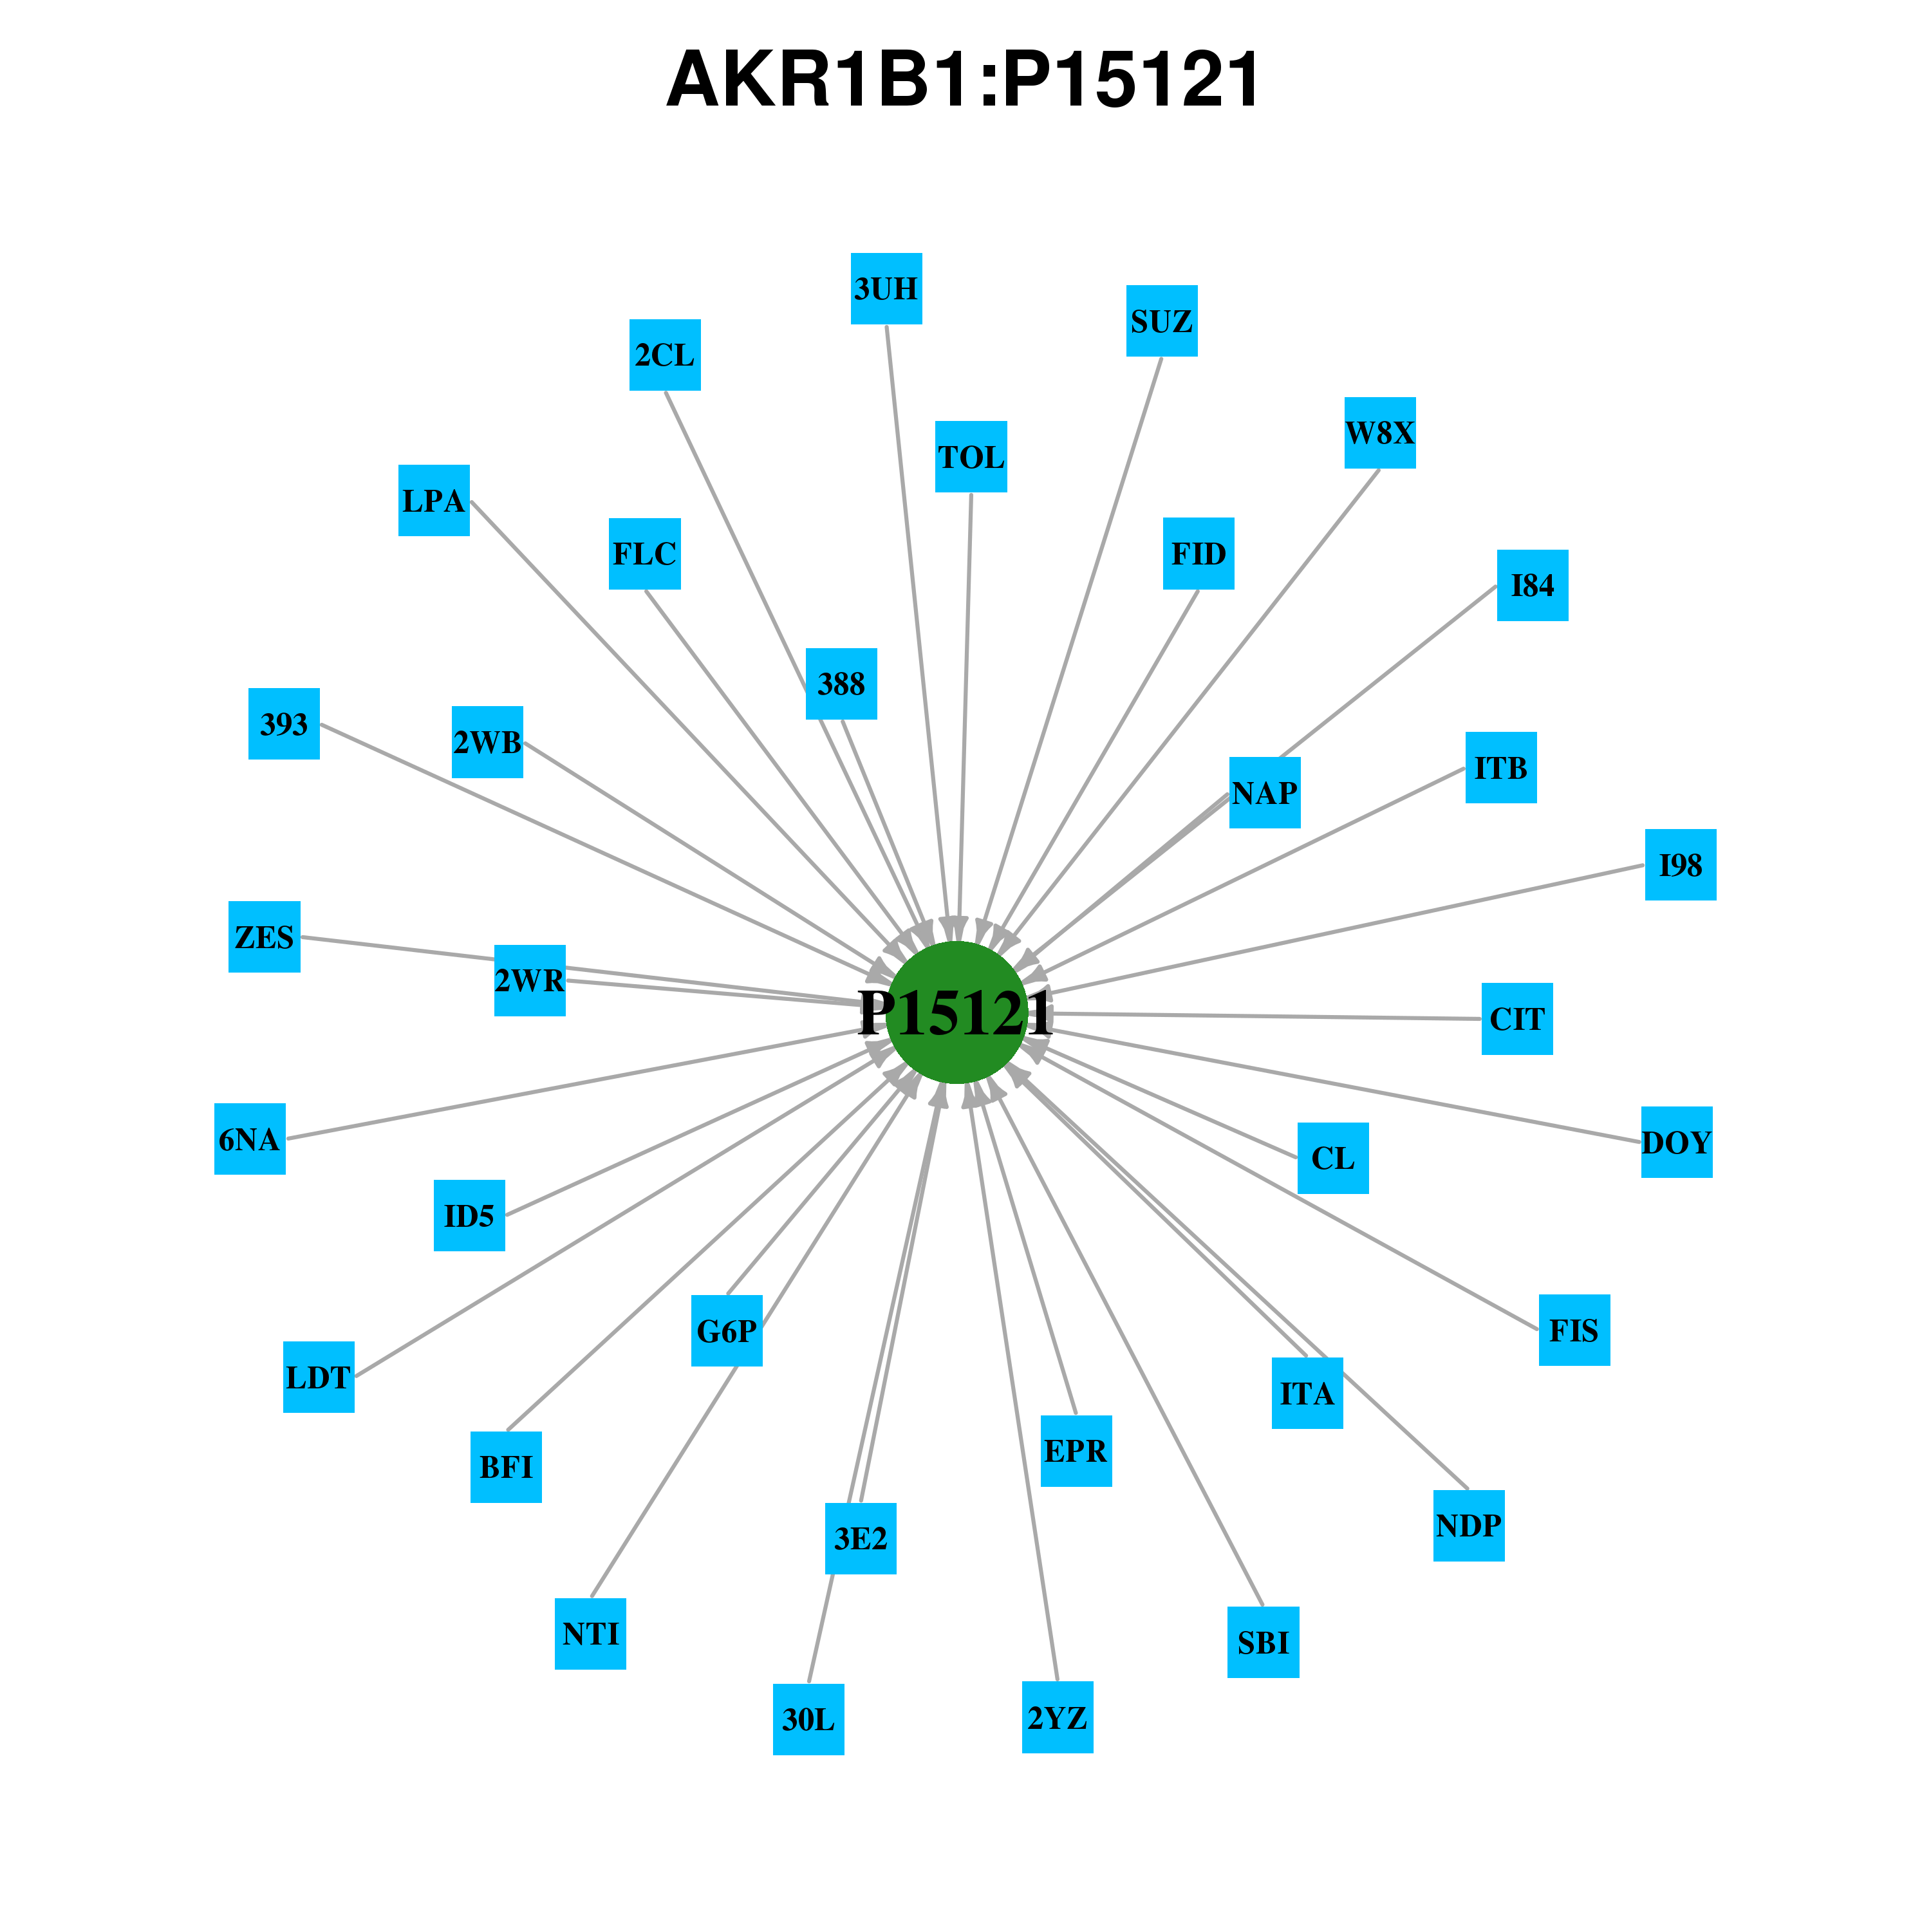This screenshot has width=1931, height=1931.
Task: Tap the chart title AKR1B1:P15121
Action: tap(964, 80)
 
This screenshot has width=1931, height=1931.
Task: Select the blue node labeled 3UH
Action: tap(886, 289)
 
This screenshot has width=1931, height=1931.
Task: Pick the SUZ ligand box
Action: tap(1161, 321)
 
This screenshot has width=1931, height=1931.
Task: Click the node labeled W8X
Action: tap(1380, 433)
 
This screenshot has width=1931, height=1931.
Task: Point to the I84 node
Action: tap(1532, 584)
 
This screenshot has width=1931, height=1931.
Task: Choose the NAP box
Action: tap(1264, 792)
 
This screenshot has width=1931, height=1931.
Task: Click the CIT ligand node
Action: tap(1517, 1018)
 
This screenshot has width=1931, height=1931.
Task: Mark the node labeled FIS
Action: tap(1574, 1329)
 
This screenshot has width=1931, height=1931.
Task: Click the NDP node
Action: tap(1468, 1525)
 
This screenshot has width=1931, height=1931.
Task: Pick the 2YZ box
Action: tap(1058, 1717)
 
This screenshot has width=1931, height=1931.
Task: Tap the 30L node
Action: tap(808, 1719)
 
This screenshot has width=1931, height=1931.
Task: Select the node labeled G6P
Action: tap(727, 1330)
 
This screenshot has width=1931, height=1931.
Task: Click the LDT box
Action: tap(319, 1376)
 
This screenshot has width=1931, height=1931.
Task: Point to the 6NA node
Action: tap(250, 1139)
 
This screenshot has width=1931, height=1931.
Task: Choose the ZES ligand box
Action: tap(265, 937)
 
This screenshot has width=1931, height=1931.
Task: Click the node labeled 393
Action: tap(284, 723)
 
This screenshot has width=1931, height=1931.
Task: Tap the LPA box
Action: tap(434, 499)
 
